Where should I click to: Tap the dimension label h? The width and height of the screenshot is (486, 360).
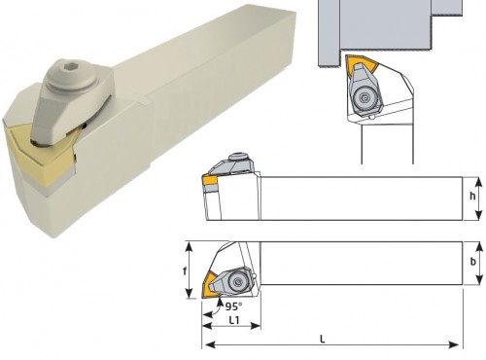(x=472, y=196)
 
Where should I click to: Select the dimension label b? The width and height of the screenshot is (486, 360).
(x=473, y=262)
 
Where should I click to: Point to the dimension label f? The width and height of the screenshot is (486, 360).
(x=185, y=270)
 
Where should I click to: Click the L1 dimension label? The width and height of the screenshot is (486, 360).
(x=234, y=320)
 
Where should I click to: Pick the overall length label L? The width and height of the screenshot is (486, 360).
(x=323, y=340)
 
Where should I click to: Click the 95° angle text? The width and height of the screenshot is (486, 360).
(x=233, y=306)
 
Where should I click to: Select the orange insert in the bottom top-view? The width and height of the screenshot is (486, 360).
(x=208, y=286)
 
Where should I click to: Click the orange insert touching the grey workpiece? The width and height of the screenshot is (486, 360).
(x=361, y=66)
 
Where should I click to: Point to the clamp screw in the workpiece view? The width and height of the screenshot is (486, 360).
(x=364, y=97)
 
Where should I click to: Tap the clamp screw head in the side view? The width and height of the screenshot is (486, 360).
(x=240, y=157)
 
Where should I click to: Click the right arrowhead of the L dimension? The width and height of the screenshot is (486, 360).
(x=455, y=344)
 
